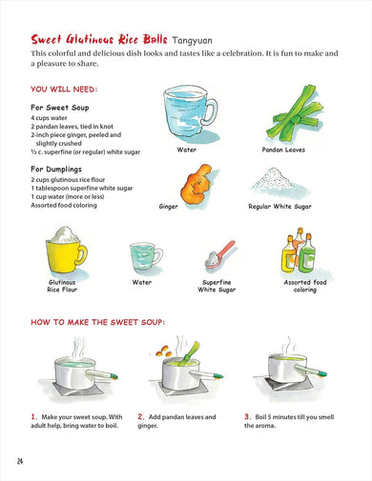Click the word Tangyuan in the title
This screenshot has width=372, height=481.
pyautogui.click(x=192, y=41)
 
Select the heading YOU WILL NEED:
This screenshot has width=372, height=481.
pyautogui.click(x=64, y=90)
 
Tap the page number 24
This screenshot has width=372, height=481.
pyautogui.click(x=20, y=461)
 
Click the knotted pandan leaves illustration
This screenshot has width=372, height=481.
pyautogui.click(x=295, y=113)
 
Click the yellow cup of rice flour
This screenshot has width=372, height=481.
pyautogui.click(x=66, y=250)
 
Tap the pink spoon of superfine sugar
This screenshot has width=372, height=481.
pyautogui.click(x=219, y=255)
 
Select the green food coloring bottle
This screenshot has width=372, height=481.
pyautogui.click(x=307, y=253)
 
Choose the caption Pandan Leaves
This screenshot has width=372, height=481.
pyautogui.click(x=283, y=150)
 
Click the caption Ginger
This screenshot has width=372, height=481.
pyautogui.click(x=168, y=207)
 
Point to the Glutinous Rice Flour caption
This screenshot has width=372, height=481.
pyautogui.click(x=62, y=286)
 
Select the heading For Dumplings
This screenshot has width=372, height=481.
pyautogui.click(x=56, y=169)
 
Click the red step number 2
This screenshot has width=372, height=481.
pyautogui.click(x=141, y=416)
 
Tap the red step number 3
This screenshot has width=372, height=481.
pyautogui.click(x=247, y=416)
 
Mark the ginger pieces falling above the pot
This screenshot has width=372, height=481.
pyautogui.click(x=164, y=351)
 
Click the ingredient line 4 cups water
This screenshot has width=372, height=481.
pyautogui.click(x=49, y=118)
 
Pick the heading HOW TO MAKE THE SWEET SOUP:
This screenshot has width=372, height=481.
pyautogui.click(x=98, y=322)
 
